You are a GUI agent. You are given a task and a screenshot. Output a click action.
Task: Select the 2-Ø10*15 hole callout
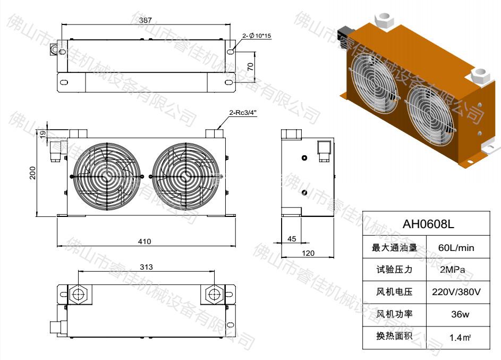[x=257, y=36]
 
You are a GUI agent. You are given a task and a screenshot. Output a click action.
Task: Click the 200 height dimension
[x=33, y=173]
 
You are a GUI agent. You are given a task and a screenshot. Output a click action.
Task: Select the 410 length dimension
[x=145, y=241]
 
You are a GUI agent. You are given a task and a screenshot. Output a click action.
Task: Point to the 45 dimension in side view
[x=292, y=239]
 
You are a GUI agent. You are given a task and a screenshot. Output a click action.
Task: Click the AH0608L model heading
[x=428, y=224]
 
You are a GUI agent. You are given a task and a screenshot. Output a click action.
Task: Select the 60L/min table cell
[x=455, y=248]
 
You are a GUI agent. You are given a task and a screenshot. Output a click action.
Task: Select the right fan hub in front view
[x=185, y=175]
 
